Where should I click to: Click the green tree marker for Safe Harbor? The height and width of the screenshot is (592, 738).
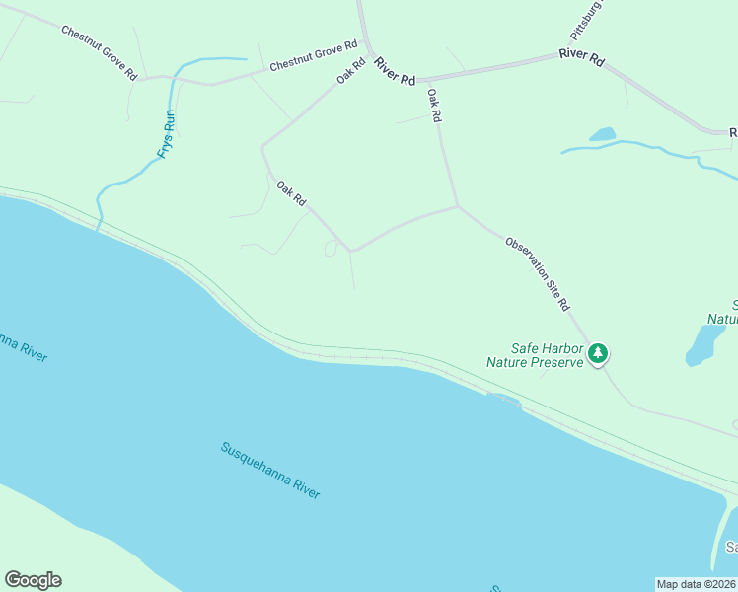(597, 353)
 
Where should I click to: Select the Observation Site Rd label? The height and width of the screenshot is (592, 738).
(538, 274)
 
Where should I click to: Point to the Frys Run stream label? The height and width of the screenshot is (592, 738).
(167, 134)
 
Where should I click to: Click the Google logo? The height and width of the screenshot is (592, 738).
(33, 580)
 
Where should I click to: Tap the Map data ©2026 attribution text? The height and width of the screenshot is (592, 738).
(696, 584)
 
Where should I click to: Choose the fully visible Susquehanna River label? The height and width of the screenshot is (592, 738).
(270, 471)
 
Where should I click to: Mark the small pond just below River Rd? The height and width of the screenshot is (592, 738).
(602, 134)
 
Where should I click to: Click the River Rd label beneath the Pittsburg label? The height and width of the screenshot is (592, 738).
(581, 56)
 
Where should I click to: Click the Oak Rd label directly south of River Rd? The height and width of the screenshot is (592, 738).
(433, 105)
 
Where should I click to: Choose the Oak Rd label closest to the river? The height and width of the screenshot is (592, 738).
(292, 193)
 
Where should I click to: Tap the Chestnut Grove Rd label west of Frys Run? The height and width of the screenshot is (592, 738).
(99, 53)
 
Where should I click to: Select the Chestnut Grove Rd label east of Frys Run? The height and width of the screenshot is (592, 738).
(313, 58)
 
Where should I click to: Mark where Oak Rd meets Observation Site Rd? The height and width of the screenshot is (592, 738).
(457, 206)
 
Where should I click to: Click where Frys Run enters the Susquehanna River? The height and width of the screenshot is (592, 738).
(99, 228)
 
